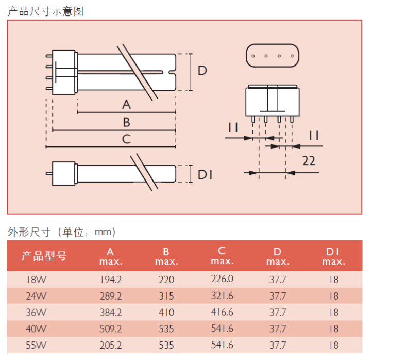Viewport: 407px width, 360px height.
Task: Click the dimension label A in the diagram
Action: pyautogui.click(x=126, y=105)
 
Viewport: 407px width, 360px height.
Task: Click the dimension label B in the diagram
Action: pyautogui.click(x=126, y=122)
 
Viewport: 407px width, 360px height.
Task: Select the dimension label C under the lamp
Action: pyautogui.click(x=126, y=139)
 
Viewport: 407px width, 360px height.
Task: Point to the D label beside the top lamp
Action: pyautogui.click(x=202, y=71)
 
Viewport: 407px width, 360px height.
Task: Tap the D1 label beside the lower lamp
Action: pyautogui.click(x=205, y=174)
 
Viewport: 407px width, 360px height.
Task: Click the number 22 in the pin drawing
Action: pyautogui.click(x=309, y=161)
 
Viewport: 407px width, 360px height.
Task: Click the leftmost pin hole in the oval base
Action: pyautogui.click(x=253, y=56)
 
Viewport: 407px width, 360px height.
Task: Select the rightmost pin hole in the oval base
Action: pyautogui.click(x=292, y=56)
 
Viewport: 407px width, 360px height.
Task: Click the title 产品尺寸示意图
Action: pyautogui.click(x=46, y=11)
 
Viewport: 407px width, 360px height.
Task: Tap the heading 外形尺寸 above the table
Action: pyautogui.click(x=29, y=232)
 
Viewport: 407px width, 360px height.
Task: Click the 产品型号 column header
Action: pyautogui.click(x=44, y=256)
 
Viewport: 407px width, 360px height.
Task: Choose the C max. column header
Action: pyautogui.click(x=222, y=255)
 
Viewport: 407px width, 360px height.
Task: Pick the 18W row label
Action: pyautogui.click(x=37, y=280)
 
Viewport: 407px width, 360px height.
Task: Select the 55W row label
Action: pyautogui.click(x=36, y=345)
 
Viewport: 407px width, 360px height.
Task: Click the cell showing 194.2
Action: pyautogui.click(x=111, y=280)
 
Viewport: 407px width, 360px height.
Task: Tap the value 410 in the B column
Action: pyautogui.click(x=166, y=313)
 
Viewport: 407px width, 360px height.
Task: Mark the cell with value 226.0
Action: pyautogui.click(x=222, y=279)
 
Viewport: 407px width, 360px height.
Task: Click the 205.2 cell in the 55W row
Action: pyautogui.click(x=111, y=345)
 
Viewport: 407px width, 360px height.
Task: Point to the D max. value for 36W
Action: pyautogui.click(x=278, y=313)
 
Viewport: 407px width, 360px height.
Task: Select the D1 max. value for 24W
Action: pyautogui.click(x=334, y=296)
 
